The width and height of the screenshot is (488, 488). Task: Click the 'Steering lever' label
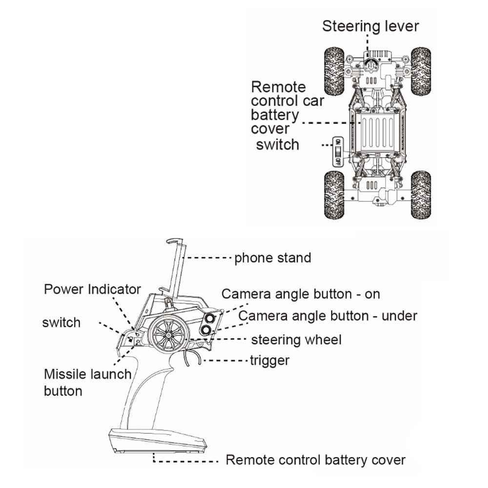tap(370, 26)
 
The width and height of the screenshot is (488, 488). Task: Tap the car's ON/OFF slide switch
tap(337, 152)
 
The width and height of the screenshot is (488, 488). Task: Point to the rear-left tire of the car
tap(334, 194)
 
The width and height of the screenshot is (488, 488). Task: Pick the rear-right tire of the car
tap(420, 194)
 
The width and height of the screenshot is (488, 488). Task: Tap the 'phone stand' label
tap(272, 258)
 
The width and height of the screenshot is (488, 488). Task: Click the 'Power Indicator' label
tap(92, 289)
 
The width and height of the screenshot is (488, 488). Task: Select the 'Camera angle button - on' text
tap(301, 294)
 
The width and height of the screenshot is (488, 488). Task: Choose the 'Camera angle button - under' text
tap(327, 316)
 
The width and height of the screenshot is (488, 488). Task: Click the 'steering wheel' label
tap(296, 340)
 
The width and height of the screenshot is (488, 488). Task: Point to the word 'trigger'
tap(269, 361)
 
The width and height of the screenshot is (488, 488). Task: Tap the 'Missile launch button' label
tap(87, 382)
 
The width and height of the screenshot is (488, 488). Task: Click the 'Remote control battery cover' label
tap(315, 460)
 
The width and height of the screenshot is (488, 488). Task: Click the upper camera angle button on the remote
tap(210, 319)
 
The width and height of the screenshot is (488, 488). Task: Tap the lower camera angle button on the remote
tap(206, 331)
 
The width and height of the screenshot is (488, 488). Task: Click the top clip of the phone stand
tap(174, 241)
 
